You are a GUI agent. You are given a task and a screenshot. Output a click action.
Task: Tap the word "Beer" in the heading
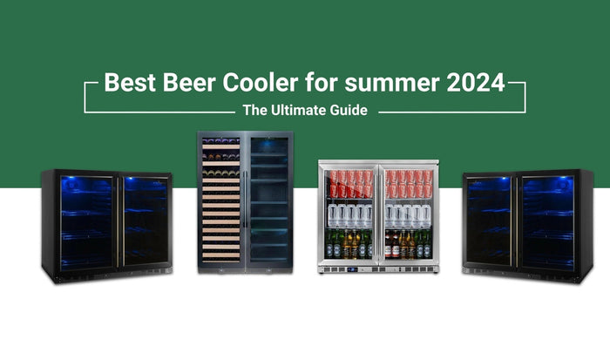[x=184, y=85]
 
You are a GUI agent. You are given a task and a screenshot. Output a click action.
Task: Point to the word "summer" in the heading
[x=383, y=85]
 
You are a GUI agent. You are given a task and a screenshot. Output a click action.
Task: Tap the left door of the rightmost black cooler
[x=491, y=221]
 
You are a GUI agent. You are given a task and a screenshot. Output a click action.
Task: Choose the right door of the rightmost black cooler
[x=548, y=221]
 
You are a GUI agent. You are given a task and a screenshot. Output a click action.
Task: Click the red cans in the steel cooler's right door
[x=406, y=184]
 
